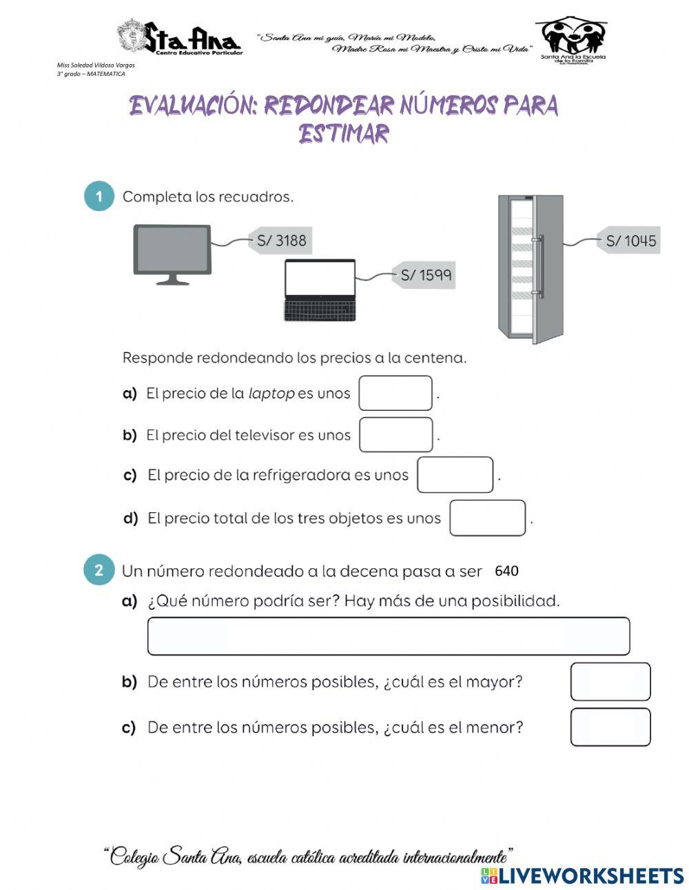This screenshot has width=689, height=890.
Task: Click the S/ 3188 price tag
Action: coord(279,241)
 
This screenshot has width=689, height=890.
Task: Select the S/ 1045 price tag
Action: coord(629,241)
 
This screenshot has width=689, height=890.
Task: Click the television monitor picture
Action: coord(172,252)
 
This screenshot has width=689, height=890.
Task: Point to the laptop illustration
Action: coord(320,290)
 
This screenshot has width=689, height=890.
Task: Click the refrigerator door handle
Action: coord(539,266)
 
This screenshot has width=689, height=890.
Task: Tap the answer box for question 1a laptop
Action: coord(395,393)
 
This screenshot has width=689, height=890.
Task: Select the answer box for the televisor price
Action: coord(395,434)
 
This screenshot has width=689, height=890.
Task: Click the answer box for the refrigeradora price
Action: coord(455,475)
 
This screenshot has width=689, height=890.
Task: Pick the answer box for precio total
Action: coord(487,518)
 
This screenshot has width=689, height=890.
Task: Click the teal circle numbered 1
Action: coord(99,196)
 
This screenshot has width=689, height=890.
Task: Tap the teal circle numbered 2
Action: coord(99,571)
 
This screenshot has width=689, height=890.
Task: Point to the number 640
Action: coord(506,571)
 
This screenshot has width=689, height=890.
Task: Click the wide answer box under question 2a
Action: coord(388,636)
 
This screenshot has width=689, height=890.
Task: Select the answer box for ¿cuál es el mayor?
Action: coord(610,682)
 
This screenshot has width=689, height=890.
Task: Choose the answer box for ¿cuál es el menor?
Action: coord(610,727)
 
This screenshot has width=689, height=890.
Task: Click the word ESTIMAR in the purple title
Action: coord(344,133)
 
